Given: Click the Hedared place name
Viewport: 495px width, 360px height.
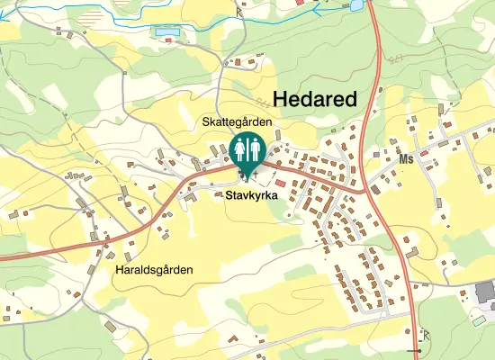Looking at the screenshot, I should (314, 99).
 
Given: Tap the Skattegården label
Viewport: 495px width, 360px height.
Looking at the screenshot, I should (236, 121).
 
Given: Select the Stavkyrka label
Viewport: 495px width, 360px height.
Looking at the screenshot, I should (252, 193).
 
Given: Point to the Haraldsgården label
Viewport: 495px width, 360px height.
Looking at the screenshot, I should (155, 268).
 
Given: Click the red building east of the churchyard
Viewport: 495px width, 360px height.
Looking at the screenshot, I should (280, 184).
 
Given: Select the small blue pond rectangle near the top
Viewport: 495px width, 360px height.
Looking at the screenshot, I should (166, 31).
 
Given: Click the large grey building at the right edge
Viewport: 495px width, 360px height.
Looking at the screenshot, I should (485, 291).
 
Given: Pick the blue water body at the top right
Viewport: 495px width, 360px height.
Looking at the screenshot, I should (356, 5).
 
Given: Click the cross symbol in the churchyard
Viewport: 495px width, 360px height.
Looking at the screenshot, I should (256, 171).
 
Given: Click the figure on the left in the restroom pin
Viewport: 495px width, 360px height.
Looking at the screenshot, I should (240, 148).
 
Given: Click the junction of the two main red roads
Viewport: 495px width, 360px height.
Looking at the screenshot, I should (364, 191).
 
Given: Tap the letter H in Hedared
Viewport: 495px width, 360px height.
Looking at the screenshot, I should (280, 99).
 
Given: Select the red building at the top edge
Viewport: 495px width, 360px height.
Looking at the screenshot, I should (301, 3).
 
